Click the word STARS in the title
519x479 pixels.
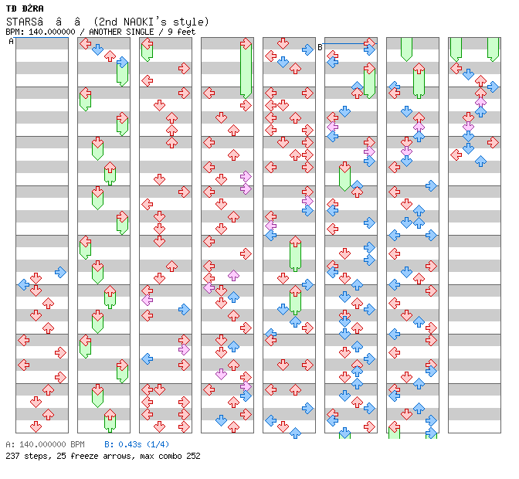[x=21, y=22]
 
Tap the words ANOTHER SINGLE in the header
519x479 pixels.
[x=119, y=32]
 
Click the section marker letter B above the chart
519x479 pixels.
[x=320, y=47]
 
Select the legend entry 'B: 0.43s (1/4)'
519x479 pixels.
[x=136, y=444]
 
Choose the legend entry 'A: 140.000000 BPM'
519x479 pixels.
[x=45, y=444]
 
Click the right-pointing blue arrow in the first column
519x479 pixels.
[x=60, y=272]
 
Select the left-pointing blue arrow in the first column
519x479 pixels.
[x=23, y=284]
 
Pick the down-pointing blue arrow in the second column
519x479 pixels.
[x=97, y=49]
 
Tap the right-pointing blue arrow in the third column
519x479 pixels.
[x=184, y=309]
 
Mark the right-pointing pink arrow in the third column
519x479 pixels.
[x=184, y=349]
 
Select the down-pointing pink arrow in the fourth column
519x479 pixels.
[x=221, y=374]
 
